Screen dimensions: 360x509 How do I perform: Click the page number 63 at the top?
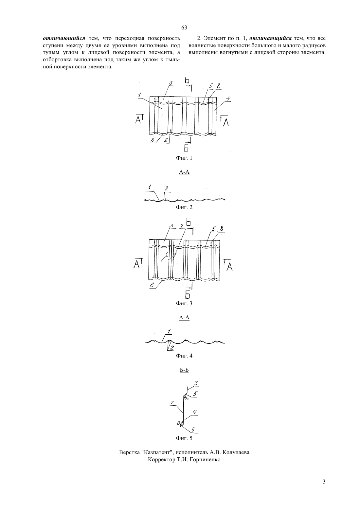184,27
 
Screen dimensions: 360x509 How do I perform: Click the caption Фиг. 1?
184,158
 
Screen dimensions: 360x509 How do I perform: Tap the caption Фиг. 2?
184,207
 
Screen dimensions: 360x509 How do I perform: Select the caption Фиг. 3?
184,303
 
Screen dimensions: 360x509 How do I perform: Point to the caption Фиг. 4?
184,356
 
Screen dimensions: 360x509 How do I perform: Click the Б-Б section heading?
184,370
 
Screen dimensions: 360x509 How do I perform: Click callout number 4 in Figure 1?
228,98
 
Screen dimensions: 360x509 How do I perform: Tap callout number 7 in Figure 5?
172,403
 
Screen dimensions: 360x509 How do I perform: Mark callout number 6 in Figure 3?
152,285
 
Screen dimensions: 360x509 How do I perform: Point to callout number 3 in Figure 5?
196,383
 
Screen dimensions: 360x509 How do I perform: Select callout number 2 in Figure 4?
172,348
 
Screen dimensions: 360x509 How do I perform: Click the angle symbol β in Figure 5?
178,423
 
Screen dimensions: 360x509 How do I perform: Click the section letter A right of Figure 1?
226,123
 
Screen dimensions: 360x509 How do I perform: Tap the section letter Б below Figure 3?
187,294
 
